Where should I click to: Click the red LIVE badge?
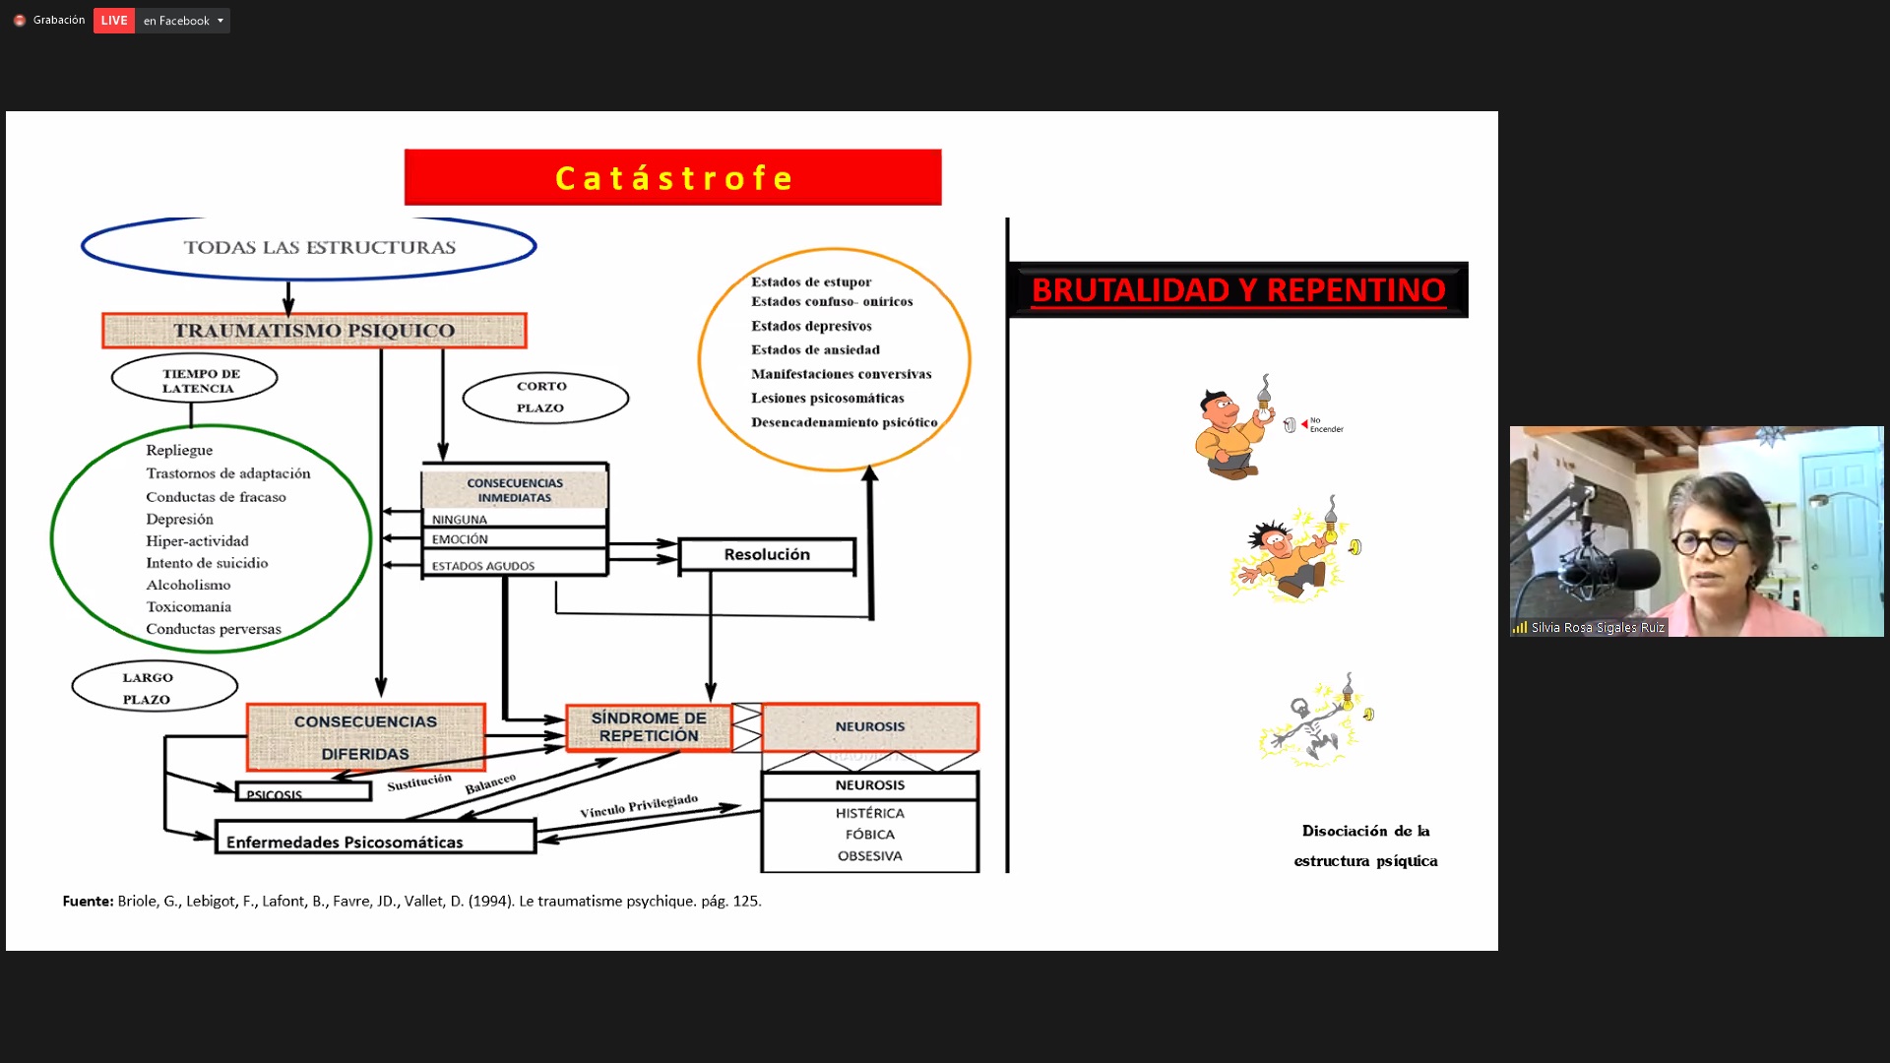(x=113, y=21)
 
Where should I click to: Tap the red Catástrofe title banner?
(x=672, y=177)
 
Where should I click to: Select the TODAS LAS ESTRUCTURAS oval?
(x=309, y=247)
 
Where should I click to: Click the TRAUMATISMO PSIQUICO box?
(x=314, y=331)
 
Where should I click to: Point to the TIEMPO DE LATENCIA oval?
(x=195, y=380)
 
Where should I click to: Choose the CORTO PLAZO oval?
(x=545, y=397)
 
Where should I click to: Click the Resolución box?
(x=767, y=555)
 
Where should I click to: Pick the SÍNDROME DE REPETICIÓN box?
(x=649, y=727)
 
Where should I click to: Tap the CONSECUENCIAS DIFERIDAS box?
(x=365, y=737)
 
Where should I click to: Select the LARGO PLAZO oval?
(x=155, y=687)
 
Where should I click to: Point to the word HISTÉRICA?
(x=870, y=813)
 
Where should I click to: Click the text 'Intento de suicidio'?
(x=207, y=563)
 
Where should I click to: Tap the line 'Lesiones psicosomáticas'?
(x=827, y=398)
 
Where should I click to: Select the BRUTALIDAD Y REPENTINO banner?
(x=1238, y=290)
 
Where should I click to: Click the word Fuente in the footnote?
(x=88, y=901)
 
